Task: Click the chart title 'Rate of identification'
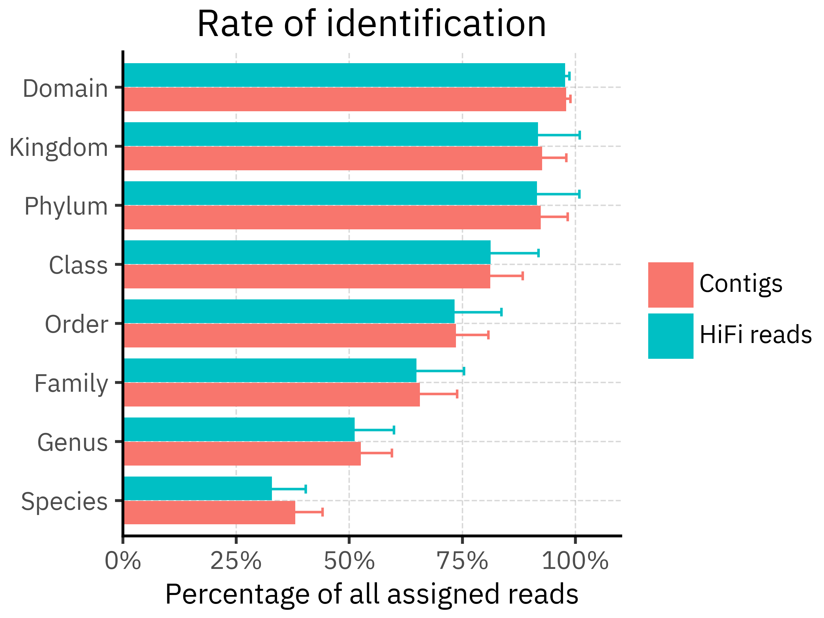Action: tap(371, 24)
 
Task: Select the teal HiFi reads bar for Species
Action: tap(197, 488)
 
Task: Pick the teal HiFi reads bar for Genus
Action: tap(239, 430)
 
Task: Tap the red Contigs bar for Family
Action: tap(272, 394)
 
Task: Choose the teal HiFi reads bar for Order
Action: tap(289, 311)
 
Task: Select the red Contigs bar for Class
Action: tap(307, 276)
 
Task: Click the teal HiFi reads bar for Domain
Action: tap(344, 75)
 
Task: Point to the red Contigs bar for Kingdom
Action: tap(332, 158)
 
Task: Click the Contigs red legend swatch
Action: tap(671, 285)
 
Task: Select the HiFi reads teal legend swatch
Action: tap(671, 336)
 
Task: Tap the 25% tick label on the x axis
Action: tap(236, 561)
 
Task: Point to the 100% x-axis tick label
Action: tap(575, 561)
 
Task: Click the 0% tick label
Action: tap(123, 561)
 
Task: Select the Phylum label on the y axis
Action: tap(66, 206)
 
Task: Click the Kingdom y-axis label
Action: tap(58, 148)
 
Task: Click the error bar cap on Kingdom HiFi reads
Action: tap(580, 135)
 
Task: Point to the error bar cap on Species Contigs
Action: tap(322, 512)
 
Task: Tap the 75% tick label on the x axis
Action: tap(462, 561)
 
